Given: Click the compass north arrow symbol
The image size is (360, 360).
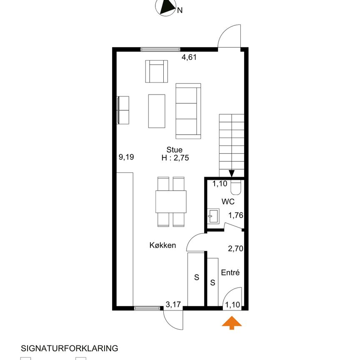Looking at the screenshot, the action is click(166, 7).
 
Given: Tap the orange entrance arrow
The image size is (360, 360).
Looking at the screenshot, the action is click(232, 323).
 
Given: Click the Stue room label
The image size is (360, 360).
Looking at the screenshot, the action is click(175, 150).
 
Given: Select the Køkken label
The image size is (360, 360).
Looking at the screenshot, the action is click(162, 245).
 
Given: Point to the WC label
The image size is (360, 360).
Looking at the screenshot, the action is click(228, 202).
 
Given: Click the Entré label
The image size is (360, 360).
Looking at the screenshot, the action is click(230, 272).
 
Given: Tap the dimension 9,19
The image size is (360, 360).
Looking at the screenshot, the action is click(126, 157).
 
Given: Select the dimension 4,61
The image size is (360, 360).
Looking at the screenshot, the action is click(189, 57).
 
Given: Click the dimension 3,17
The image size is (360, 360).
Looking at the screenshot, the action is click(173, 305).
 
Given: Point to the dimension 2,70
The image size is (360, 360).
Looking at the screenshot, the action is click(235, 248).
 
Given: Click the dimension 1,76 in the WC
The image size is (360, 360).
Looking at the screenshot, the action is click(235, 215).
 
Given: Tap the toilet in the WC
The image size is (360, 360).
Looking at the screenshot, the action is click(235, 187).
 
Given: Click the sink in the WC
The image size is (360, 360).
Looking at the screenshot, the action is click(213, 216).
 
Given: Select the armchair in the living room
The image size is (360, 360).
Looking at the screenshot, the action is click(157, 71).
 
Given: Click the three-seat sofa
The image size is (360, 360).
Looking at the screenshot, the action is click(188, 111).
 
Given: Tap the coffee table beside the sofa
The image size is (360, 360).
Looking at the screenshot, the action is click(157, 111).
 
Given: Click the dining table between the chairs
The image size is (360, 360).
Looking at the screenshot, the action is click(171, 202).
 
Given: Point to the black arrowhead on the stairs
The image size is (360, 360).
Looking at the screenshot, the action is click(232, 173).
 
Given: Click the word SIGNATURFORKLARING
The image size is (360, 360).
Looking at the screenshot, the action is click(70, 348).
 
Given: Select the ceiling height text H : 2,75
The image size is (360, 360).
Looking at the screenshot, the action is click(175, 158).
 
